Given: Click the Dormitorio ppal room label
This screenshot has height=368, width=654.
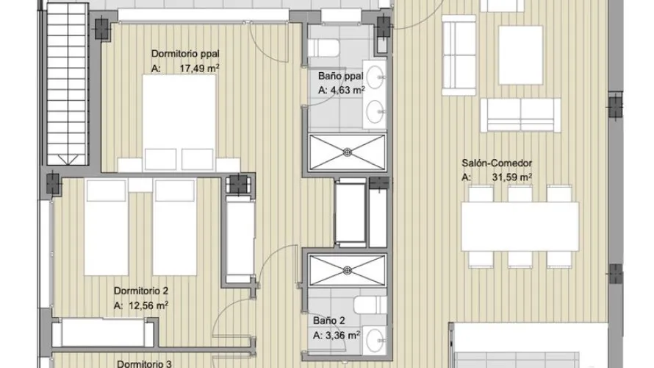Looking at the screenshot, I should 185,54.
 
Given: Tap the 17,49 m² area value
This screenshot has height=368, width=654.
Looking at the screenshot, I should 198,68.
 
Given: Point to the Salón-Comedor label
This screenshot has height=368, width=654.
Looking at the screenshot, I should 496,164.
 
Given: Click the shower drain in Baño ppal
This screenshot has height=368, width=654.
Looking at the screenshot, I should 345,152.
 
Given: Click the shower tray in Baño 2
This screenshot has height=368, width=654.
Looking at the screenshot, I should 345,269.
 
